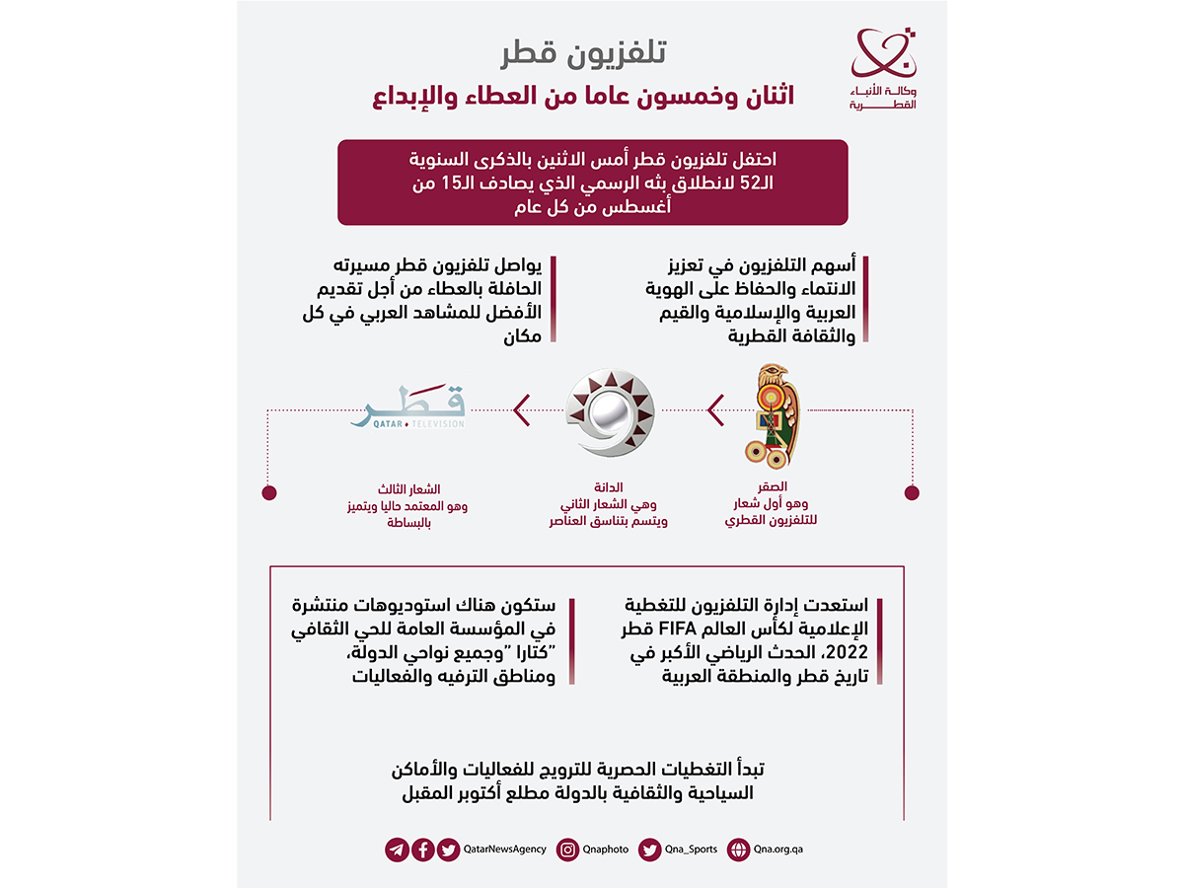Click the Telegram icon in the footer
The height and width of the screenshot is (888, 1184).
tap(397, 849)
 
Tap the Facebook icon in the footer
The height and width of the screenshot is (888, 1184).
tap(422, 849)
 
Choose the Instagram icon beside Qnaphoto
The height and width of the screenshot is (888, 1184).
tap(567, 849)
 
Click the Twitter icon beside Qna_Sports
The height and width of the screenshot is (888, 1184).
tap(649, 849)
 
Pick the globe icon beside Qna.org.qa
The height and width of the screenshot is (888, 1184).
tap(738, 849)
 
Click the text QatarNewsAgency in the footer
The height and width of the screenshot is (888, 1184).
tap(504, 849)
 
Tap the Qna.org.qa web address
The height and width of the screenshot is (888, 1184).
tap(777, 849)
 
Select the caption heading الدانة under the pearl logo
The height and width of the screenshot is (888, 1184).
tap(608, 486)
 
